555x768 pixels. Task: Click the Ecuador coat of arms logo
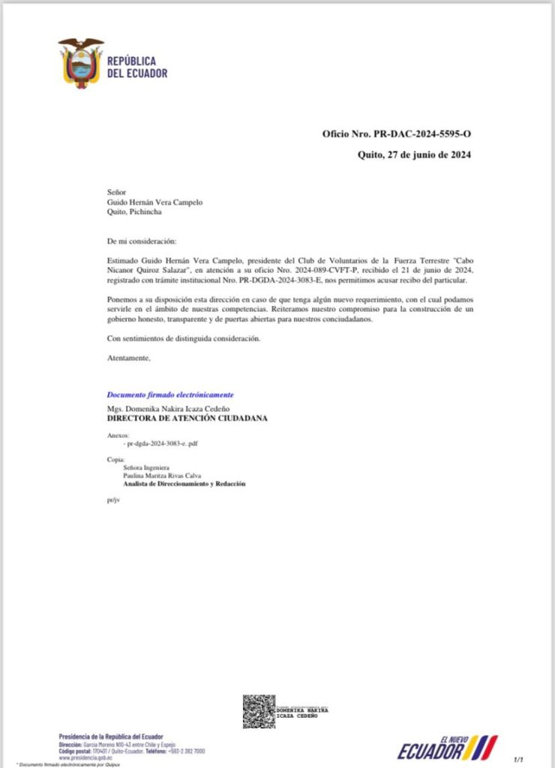(80, 63)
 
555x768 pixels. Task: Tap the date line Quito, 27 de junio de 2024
(414, 154)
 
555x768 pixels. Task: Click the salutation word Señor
(118, 192)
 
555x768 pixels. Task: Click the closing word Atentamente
(129, 358)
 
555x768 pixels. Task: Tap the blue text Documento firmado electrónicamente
(170, 394)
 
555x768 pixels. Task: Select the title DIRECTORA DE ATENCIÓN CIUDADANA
(187, 418)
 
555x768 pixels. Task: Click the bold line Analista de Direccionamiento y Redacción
(184, 484)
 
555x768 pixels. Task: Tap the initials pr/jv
(112, 498)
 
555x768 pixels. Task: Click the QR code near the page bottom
(258, 711)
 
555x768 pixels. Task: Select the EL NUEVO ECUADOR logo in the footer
(447, 748)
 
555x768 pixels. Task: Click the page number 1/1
(517, 760)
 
